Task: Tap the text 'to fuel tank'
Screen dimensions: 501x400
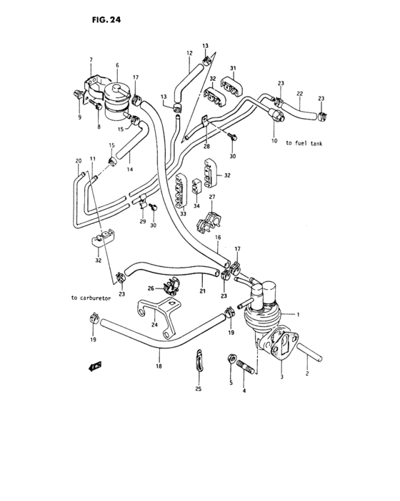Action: (x=304, y=143)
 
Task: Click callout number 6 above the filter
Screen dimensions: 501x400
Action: (x=116, y=64)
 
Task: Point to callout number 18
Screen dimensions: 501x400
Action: (x=159, y=366)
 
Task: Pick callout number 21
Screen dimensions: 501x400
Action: (x=202, y=291)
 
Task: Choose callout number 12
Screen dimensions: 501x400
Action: (x=189, y=53)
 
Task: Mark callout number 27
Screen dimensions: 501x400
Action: (x=211, y=197)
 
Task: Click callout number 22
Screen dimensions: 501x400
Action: (x=301, y=94)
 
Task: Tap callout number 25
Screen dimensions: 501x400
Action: (x=199, y=389)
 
